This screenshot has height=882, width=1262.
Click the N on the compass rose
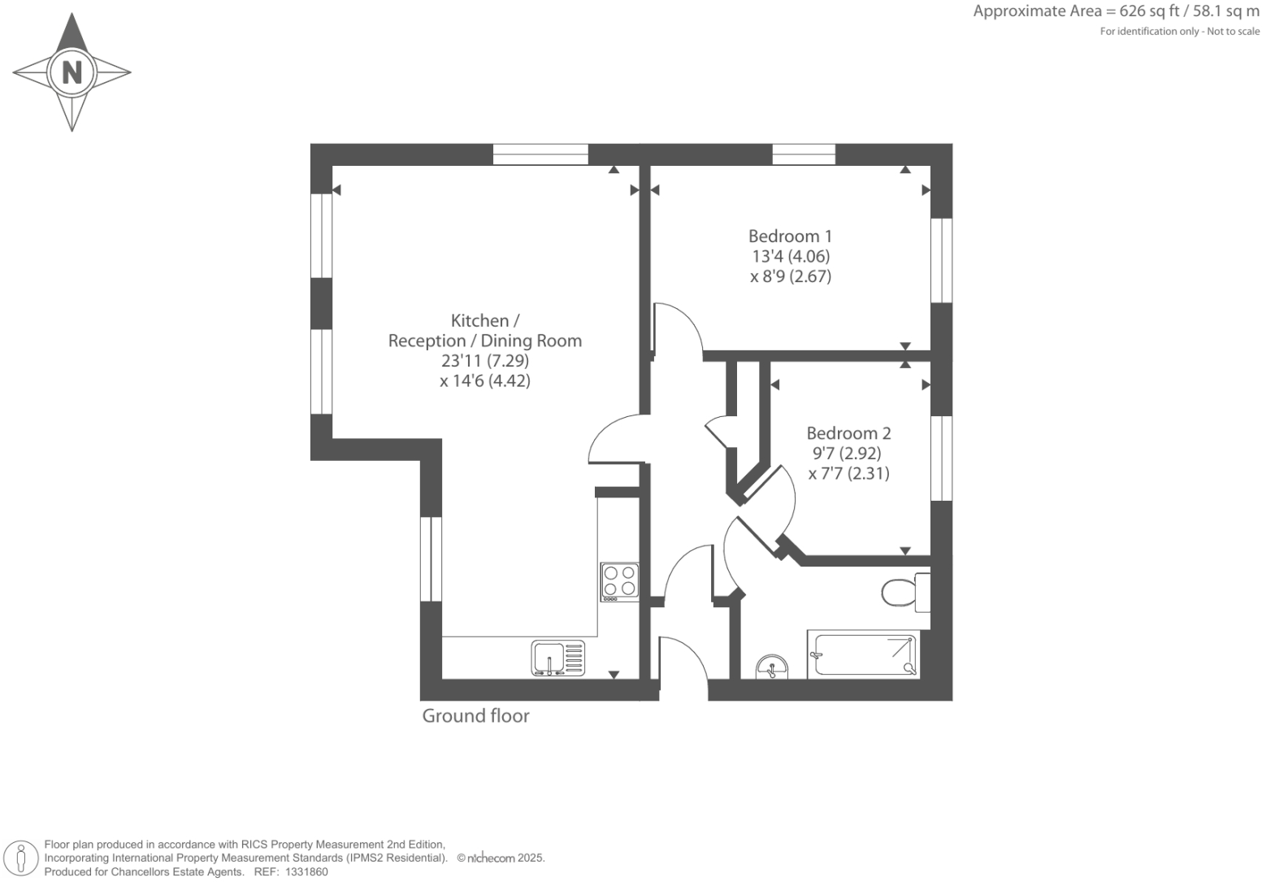pos(72,72)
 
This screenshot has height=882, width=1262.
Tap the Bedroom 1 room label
pos(790,237)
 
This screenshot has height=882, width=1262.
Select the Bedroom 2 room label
pos(848,433)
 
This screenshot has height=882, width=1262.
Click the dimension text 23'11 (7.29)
pos(485,360)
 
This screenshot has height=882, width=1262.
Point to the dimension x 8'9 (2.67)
pos(791,276)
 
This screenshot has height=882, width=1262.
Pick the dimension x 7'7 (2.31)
pos(849,473)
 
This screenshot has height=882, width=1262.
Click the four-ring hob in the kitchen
pos(619,582)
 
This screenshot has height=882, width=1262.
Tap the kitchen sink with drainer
pos(557,658)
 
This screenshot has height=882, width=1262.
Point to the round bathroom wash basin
pos(770,667)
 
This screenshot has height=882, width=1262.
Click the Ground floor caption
pos(475,716)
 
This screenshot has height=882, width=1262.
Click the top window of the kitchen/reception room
pos(540,154)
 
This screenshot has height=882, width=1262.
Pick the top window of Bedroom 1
pos(803,154)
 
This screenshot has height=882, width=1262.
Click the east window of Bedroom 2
pos(941,458)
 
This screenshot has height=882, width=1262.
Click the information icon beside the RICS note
pos(21,858)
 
